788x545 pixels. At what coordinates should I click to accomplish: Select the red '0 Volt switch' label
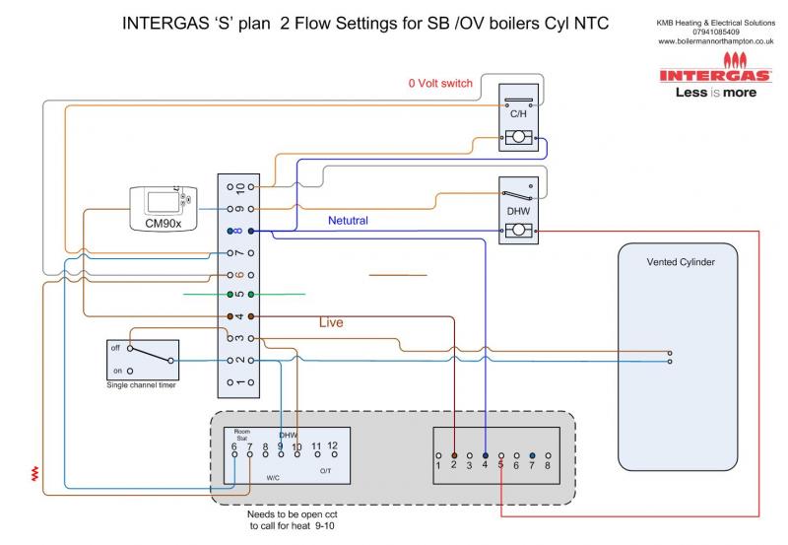pyautogui.click(x=440, y=84)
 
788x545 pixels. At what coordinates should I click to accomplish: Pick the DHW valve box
pyautogui.click(x=517, y=210)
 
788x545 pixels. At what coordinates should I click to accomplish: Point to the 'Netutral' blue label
pyautogui.click(x=348, y=222)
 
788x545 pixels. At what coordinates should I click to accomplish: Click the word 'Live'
pyautogui.click(x=331, y=322)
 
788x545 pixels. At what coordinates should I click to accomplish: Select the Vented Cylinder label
pyautogui.click(x=680, y=262)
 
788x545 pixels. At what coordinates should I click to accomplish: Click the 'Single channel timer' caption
pyautogui.click(x=144, y=385)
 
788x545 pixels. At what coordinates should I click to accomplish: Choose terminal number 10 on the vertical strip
pyautogui.click(x=240, y=187)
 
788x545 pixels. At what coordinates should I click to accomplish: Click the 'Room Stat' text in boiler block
pyautogui.click(x=242, y=434)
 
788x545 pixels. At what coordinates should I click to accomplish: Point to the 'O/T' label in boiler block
pyautogui.click(x=326, y=472)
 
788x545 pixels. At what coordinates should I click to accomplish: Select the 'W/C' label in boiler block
pyautogui.click(x=273, y=478)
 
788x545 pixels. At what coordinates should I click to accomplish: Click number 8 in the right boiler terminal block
pyautogui.click(x=547, y=464)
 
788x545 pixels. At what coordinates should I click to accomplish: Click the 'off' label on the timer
pyautogui.click(x=115, y=348)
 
